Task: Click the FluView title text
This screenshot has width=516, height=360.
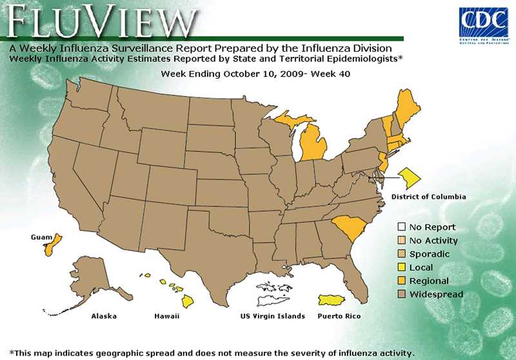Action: tap(100, 23)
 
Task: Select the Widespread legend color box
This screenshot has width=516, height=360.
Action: tap(401, 295)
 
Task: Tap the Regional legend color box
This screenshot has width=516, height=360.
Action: tap(401, 281)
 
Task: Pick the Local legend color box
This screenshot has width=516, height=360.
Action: tap(401, 268)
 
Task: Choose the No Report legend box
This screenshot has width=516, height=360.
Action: tap(401, 227)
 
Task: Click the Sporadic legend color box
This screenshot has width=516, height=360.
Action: tap(401, 254)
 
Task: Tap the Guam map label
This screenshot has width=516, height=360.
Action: tap(41, 237)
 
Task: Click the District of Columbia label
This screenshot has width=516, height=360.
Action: tap(428, 197)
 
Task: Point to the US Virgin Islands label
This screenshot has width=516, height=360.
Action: tap(272, 317)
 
